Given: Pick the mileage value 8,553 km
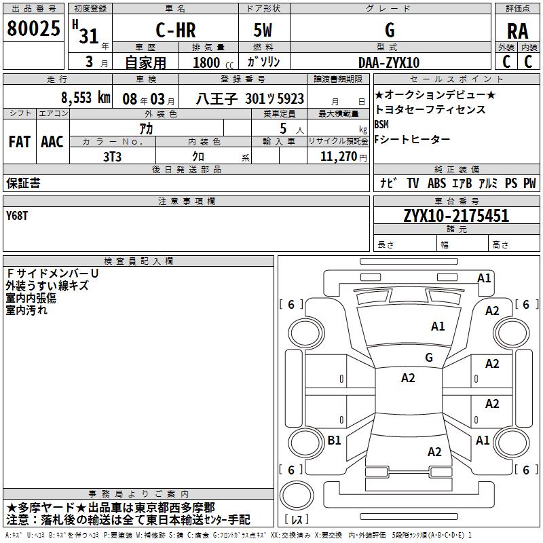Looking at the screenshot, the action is pos(85,98).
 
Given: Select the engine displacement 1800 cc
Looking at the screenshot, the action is pos(208,63).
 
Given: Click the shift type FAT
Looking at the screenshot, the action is pos(19,141).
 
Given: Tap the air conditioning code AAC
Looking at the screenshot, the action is pos(52,141).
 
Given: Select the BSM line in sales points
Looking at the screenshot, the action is pos(381,124).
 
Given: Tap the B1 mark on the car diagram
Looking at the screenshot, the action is pos(334,441).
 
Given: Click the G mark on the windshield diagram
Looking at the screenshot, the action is pos(428,357).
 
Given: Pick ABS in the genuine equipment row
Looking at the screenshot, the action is pos(436,183).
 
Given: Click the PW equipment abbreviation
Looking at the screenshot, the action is pos(529,183).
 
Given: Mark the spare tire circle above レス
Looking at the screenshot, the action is pos(296,495).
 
